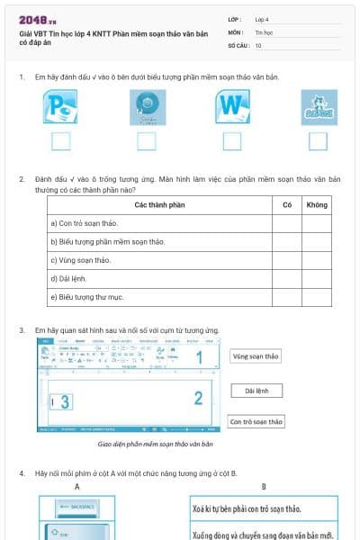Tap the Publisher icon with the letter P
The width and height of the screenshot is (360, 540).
click(x=60, y=107)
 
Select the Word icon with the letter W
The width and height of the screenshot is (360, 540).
click(x=232, y=107)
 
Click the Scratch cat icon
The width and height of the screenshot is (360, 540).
click(x=318, y=107)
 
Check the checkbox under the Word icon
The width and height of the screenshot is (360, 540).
click(x=232, y=140)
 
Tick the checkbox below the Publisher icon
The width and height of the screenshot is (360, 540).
click(x=60, y=140)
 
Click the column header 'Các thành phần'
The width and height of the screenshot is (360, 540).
click(x=159, y=205)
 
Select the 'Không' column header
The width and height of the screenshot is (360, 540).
click(x=317, y=205)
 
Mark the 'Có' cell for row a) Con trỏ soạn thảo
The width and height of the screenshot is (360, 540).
click(x=286, y=223)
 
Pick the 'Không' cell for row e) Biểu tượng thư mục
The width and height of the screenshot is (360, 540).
click(x=317, y=297)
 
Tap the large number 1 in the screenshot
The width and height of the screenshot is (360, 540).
click(x=199, y=358)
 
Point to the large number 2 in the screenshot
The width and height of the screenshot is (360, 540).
click(x=199, y=397)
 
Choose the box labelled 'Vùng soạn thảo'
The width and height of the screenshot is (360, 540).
click(x=256, y=356)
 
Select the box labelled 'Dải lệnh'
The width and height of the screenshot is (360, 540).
click(x=256, y=391)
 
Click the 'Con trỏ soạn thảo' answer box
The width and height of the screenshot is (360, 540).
click(x=256, y=421)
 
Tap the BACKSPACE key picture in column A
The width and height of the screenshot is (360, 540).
click(x=77, y=508)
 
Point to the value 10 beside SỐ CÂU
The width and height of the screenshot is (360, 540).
click(x=259, y=45)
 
